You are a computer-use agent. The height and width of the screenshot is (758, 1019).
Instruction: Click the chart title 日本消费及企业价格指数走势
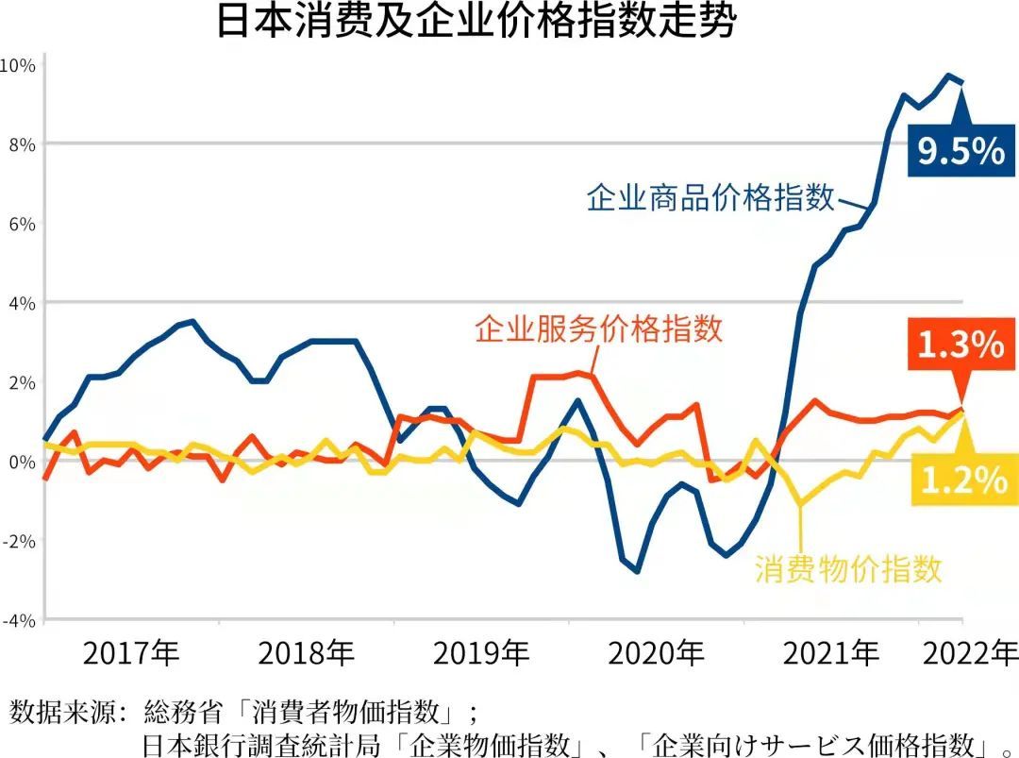(476, 21)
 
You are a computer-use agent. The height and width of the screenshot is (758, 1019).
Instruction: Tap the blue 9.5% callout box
(961, 150)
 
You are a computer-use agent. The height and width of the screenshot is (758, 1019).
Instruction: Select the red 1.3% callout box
(961, 344)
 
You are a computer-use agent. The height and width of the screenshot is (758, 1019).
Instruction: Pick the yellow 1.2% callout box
(963, 480)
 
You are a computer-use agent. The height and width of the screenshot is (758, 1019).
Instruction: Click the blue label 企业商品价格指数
(710, 197)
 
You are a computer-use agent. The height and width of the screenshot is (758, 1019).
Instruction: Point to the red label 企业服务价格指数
(598, 328)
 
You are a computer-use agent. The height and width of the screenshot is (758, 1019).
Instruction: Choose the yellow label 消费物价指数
(848, 569)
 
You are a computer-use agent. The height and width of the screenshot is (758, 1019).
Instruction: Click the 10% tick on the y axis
(18, 65)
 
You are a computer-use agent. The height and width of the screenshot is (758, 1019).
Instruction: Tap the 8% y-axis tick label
(22, 144)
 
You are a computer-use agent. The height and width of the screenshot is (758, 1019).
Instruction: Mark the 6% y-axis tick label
(22, 224)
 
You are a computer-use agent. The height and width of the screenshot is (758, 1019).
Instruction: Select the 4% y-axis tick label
(22, 303)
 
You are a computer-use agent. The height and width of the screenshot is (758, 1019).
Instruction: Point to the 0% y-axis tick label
(22, 462)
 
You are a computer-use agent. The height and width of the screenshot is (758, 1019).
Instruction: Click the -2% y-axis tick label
(19, 541)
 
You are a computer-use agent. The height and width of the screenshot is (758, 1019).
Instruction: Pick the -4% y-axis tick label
(19, 620)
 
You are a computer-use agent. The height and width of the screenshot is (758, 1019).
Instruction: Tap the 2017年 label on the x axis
(130, 652)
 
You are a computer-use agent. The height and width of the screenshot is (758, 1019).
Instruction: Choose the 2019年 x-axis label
(481, 652)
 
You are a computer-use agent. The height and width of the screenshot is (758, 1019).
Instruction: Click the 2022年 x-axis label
(970, 652)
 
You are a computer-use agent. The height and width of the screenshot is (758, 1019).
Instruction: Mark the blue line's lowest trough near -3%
(637, 571)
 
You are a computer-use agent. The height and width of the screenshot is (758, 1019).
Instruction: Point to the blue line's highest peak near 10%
(948, 76)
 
